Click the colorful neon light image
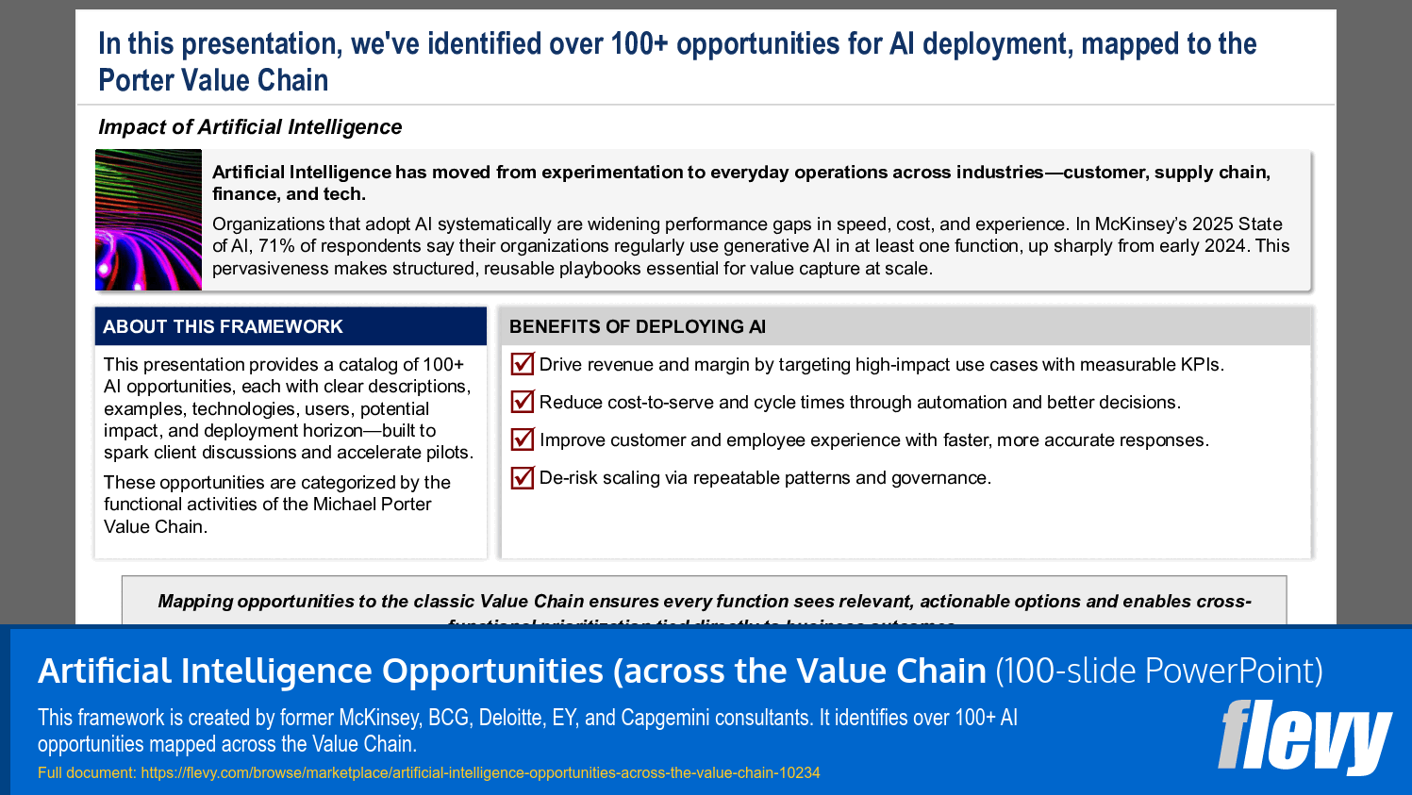click(148, 220)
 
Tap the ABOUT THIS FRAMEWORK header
click(223, 326)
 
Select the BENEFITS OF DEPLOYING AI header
click(638, 326)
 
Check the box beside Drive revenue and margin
click(522, 364)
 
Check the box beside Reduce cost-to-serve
click(522, 402)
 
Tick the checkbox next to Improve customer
click(522, 439)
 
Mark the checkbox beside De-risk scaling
click(522, 477)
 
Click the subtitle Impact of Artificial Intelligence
click(250, 127)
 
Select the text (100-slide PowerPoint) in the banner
click(1159, 671)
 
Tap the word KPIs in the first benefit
click(1200, 365)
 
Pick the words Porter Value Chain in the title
click(213, 81)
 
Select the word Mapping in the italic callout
click(195, 602)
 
